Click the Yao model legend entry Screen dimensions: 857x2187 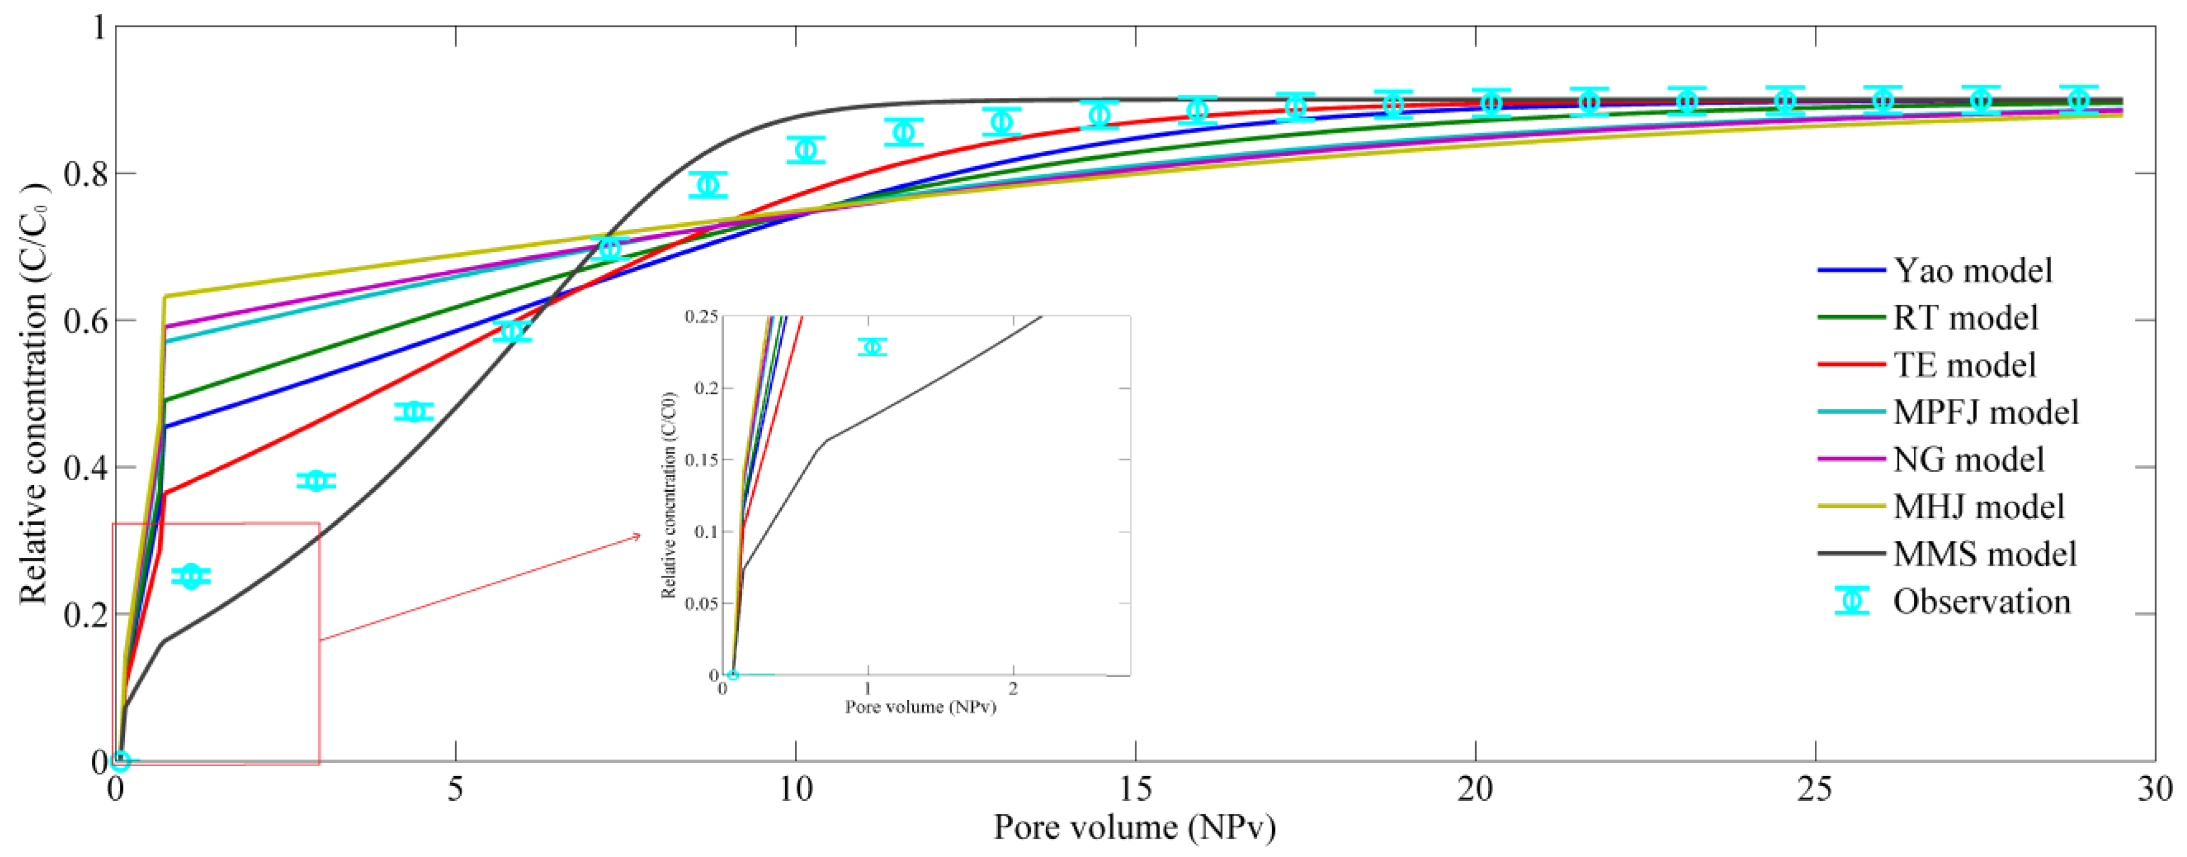(1972, 270)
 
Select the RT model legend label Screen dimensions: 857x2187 (1965, 317)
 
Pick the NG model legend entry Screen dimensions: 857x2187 (1968, 459)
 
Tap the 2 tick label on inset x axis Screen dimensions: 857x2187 (1013, 689)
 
